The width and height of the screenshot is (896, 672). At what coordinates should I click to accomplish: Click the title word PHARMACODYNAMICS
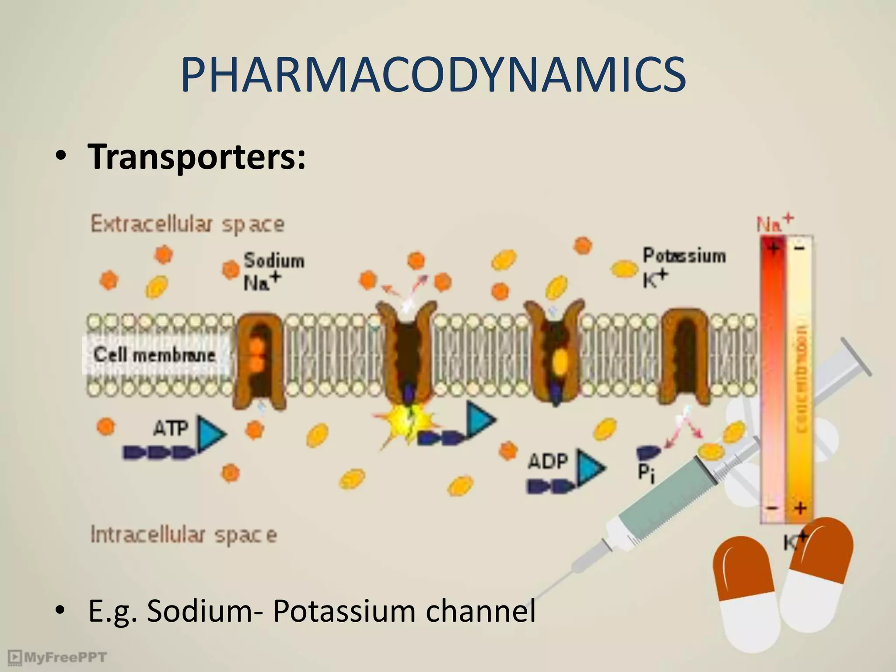click(433, 75)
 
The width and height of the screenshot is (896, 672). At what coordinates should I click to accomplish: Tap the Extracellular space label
click(187, 224)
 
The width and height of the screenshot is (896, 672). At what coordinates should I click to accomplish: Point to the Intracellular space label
click(184, 535)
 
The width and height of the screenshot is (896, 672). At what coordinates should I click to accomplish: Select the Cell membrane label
click(154, 355)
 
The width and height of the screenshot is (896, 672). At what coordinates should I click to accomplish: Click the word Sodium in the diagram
click(274, 261)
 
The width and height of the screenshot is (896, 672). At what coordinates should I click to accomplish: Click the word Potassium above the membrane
click(684, 255)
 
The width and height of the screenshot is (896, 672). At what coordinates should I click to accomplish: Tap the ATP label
click(171, 428)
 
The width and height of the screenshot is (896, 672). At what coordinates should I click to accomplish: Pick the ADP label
click(548, 461)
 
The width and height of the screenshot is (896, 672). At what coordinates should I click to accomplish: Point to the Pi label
click(646, 472)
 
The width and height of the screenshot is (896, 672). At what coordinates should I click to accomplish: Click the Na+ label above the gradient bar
click(775, 223)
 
